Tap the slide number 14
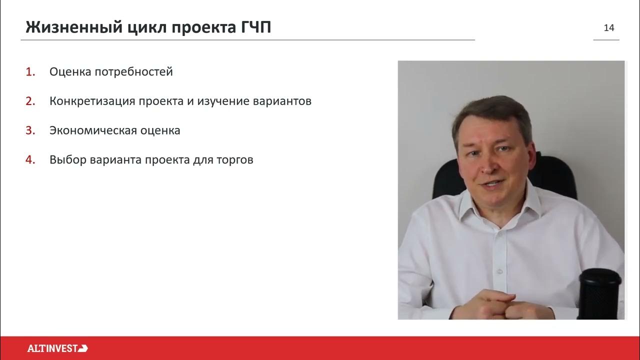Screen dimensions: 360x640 [x=609, y=28]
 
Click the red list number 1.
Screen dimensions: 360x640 [x=30, y=72]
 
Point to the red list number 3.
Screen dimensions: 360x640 [x=30, y=131]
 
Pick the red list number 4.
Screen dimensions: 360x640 [x=30, y=160]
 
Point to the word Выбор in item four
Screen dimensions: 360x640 [x=68, y=160]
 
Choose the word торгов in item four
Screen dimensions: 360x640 [x=235, y=160]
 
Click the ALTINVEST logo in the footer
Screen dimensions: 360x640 [x=57, y=348]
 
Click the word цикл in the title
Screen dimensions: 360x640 [x=144, y=27]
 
